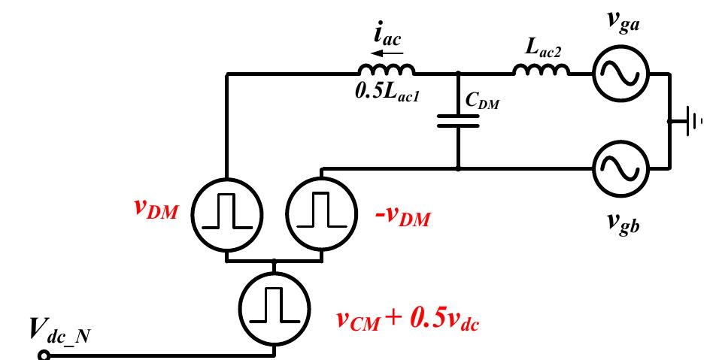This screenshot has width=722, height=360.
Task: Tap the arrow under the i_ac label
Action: coord(388,53)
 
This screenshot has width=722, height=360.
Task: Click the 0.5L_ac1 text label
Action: coord(387,95)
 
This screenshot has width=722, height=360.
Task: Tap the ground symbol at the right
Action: coord(690,121)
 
